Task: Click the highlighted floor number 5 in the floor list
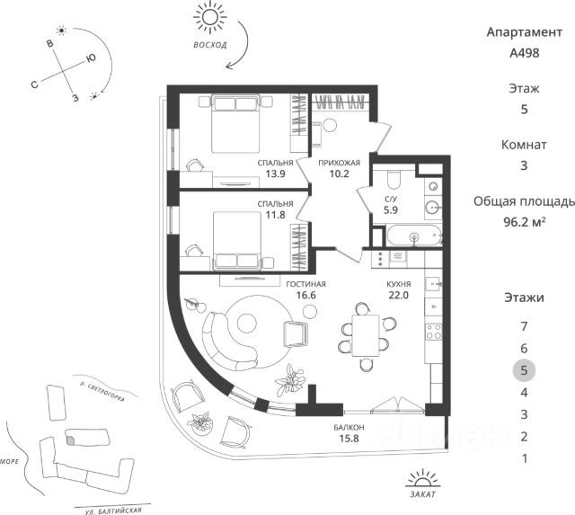coord(524,370)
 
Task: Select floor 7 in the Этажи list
coord(524,326)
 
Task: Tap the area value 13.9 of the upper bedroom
coord(276,173)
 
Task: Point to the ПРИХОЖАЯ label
coord(339,163)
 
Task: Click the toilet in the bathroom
coord(394,179)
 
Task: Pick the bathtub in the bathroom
coord(414,235)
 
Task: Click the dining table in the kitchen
coord(366,335)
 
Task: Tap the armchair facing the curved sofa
coord(296,334)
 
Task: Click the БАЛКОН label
coord(349,427)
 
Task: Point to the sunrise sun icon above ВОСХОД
coord(210,17)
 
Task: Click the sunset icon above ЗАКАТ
coord(423,477)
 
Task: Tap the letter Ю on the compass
coord(91,58)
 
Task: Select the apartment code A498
coord(525,53)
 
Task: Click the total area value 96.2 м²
coord(525,222)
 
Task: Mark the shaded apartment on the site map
coord(70,440)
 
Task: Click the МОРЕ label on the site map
coord(9,461)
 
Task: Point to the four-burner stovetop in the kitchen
coord(433,332)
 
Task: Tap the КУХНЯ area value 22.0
coord(399,295)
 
